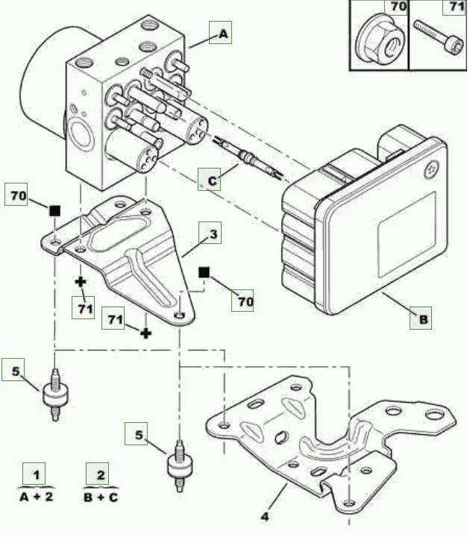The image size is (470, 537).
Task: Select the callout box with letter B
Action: [x=422, y=319]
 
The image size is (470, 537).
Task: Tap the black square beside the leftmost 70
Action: [x=54, y=211]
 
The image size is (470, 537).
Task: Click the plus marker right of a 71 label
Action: [x=146, y=332]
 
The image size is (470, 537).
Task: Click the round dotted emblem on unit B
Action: [x=430, y=170]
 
